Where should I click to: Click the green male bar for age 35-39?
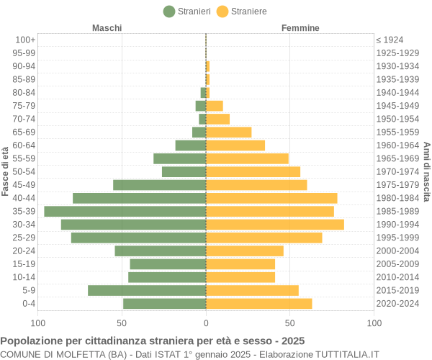125,211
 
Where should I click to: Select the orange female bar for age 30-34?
275,225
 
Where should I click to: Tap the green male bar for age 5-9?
147,290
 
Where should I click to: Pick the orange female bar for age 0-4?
259,304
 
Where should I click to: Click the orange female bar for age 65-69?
229,132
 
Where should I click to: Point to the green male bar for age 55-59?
179,158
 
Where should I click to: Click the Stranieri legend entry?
187,12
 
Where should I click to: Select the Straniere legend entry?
242,12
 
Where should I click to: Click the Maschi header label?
107,28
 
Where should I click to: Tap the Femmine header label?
301,28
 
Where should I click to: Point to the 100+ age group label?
25,40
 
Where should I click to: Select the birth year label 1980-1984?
397,198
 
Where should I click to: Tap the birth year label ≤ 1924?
390,40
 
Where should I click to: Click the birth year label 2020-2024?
397,304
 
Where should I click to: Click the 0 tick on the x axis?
206,323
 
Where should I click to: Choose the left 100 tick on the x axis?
38,323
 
